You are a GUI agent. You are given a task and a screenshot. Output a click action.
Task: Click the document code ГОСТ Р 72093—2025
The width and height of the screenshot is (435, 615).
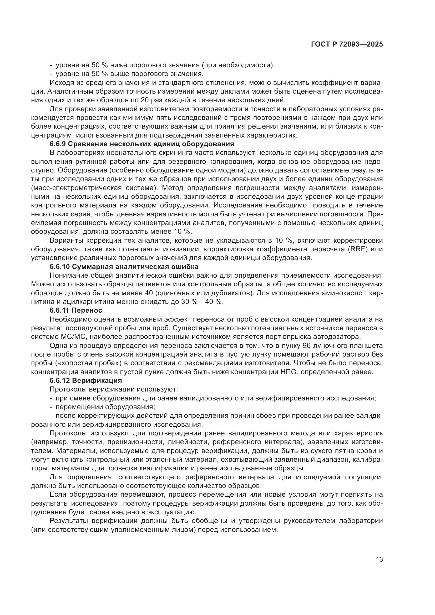click(347, 44)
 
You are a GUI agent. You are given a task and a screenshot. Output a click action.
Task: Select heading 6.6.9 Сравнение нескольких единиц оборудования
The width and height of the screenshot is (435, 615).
click(142, 144)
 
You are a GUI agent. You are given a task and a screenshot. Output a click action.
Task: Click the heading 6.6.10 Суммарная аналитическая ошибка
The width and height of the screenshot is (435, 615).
click(124, 267)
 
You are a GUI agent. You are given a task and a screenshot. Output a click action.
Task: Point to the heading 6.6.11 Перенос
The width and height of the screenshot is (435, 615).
click(76, 311)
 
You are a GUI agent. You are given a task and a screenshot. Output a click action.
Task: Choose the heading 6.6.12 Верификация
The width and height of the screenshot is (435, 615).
click(86, 381)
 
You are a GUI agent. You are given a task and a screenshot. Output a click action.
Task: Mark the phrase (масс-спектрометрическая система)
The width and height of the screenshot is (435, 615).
click(96, 188)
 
